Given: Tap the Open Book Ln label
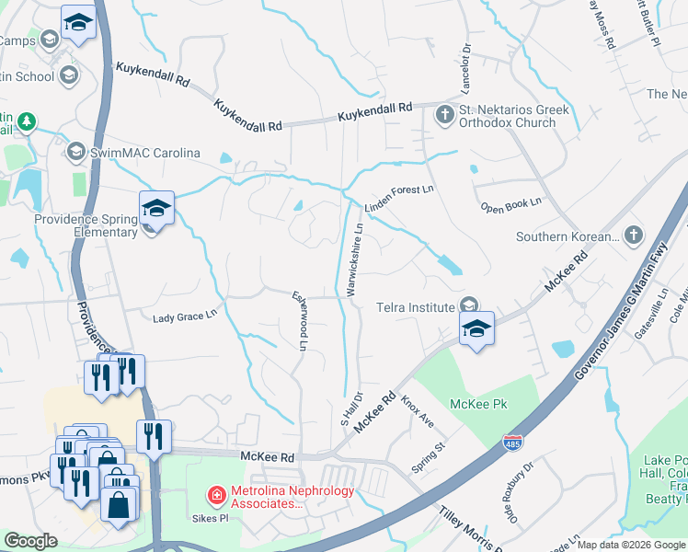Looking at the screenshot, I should click(x=511, y=204).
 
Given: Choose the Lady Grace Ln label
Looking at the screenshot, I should click(x=184, y=316).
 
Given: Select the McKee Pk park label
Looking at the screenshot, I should click(x=478, y=404).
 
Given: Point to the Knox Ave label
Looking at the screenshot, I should click(x=417, y=411).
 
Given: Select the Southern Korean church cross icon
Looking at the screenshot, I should click(x=632, y=236).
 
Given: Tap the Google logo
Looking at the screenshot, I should click(x=30, y=542).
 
